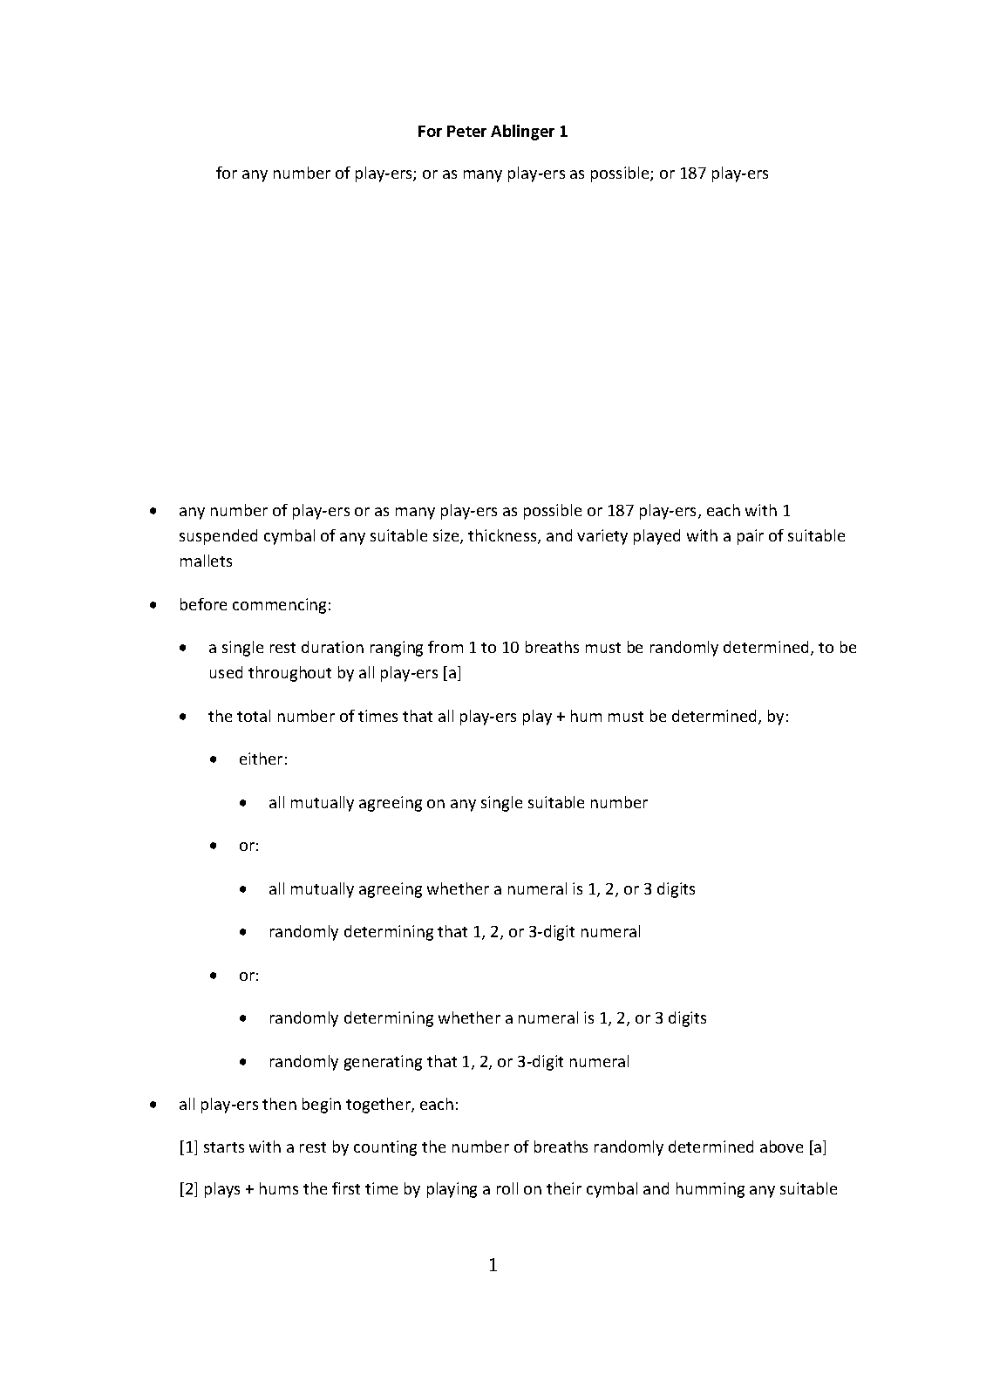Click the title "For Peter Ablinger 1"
(493, 132)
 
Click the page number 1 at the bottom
(493, 1265)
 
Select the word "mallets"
(206, 561)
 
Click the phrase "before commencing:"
(255, 605)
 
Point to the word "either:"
(263, 759)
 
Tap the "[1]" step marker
(188, 1147)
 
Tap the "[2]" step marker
(188, 1189)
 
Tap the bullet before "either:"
(214, 759)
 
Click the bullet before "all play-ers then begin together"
(153, 1105)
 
